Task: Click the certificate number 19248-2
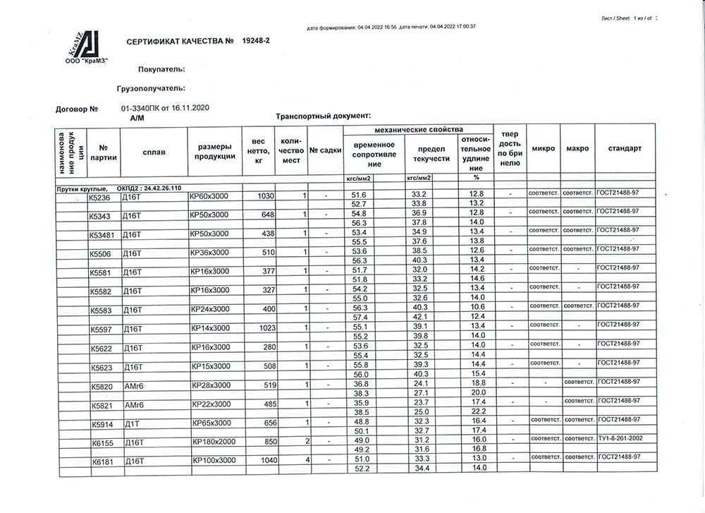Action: tap(255, 42)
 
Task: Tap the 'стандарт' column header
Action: tap(625, 149)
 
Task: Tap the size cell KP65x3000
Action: tap(211, 423)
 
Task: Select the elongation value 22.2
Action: tap(479, 411)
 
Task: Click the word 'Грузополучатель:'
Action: tap(151, 89)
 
